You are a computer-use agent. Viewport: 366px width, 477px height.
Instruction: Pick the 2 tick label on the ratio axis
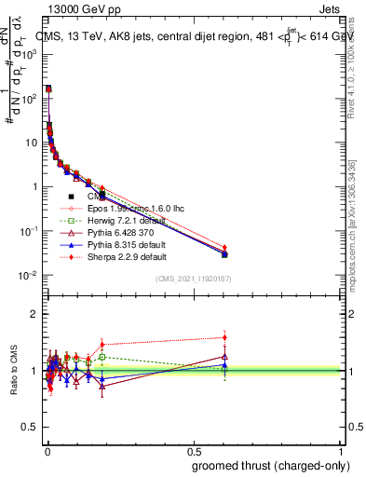tap(35, 314)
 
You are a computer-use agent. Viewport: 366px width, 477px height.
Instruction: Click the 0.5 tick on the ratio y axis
tap(32, 428)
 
